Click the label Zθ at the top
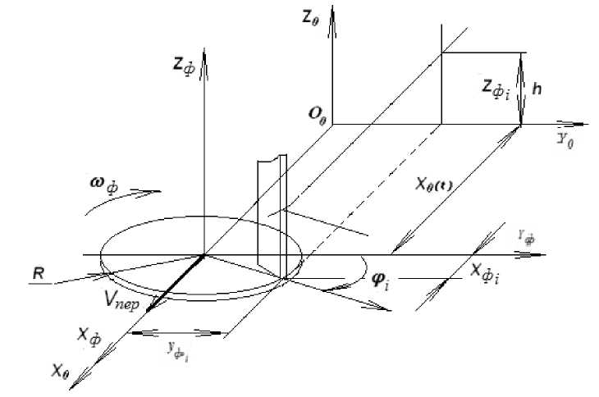pyautogui.click(x=310, y=16)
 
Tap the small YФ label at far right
pyautogui.click(x=527, y=240)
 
